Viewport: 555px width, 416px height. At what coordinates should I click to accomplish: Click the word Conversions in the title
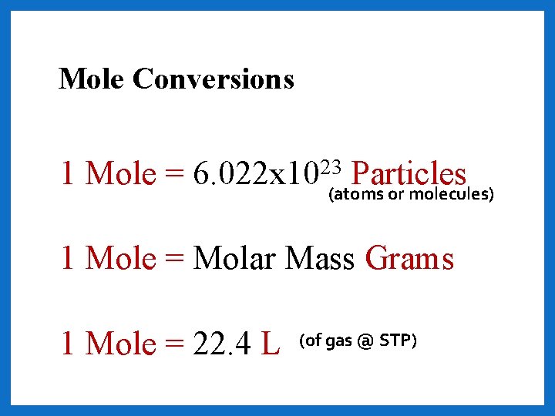click(x=214, y=79)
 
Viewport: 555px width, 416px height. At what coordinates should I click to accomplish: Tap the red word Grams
click(x=409, y=259)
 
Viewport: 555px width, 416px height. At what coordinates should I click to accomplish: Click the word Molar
click(x=235, y=259)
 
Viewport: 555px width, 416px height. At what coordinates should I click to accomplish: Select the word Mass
click(x=320, y=259)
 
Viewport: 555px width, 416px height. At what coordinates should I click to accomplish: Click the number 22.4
click(x=224, y=344)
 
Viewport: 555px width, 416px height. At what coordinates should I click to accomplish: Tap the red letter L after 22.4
click(x=271, y=344)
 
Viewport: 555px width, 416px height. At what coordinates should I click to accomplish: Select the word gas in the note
click(x=338, y=341)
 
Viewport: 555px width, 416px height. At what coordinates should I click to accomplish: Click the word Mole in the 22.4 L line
click(x=121, y=344)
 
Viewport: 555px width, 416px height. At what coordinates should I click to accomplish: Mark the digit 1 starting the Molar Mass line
click(x=69, y=259)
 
